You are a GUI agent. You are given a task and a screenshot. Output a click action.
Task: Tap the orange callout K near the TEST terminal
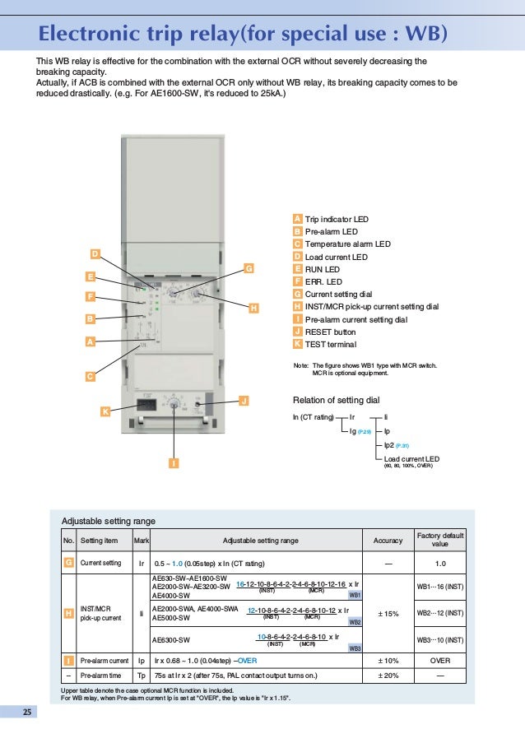tap(105, 410)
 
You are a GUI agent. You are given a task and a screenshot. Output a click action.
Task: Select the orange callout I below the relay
tap(174, 463)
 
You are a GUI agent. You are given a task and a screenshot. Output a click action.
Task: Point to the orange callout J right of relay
tap(243, 400)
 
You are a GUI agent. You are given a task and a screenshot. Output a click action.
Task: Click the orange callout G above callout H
tap(249, 267)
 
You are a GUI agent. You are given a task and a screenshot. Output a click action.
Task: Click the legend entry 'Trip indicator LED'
tap(337, 220)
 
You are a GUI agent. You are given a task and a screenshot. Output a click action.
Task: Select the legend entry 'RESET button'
tap(330, 332)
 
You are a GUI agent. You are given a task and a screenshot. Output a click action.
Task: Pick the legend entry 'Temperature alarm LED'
tap(347, 244)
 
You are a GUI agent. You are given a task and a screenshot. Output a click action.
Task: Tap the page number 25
tap(26, 712)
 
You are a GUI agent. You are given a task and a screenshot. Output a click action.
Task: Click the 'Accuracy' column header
tap(388, 541)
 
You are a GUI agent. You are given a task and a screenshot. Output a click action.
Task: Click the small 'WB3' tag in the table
tap(355, 648)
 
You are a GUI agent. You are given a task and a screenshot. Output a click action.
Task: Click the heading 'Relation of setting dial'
tap(336, 399)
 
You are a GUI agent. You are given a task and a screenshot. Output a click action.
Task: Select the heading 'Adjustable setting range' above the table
tap(109, 521)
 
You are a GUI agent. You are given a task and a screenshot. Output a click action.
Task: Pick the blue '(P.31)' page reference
tap(402, 444)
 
